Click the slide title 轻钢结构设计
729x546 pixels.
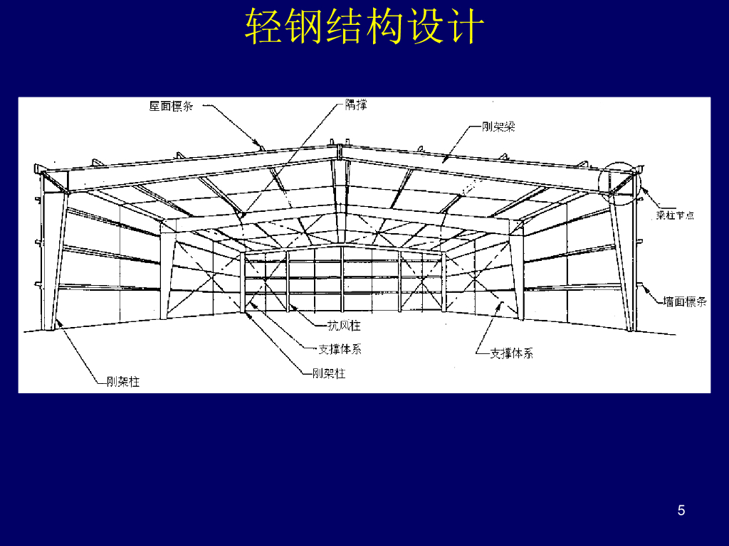364,28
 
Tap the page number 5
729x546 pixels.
681,510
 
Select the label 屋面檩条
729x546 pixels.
171,107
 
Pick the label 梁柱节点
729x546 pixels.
675,215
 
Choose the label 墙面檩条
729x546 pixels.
685,301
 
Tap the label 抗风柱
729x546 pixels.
344,326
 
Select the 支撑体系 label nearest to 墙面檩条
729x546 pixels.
511,353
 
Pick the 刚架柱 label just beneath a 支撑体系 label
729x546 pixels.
329,373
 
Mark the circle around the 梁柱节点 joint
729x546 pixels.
619,183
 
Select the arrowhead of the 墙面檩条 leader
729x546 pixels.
643,287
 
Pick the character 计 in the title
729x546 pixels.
466,28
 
